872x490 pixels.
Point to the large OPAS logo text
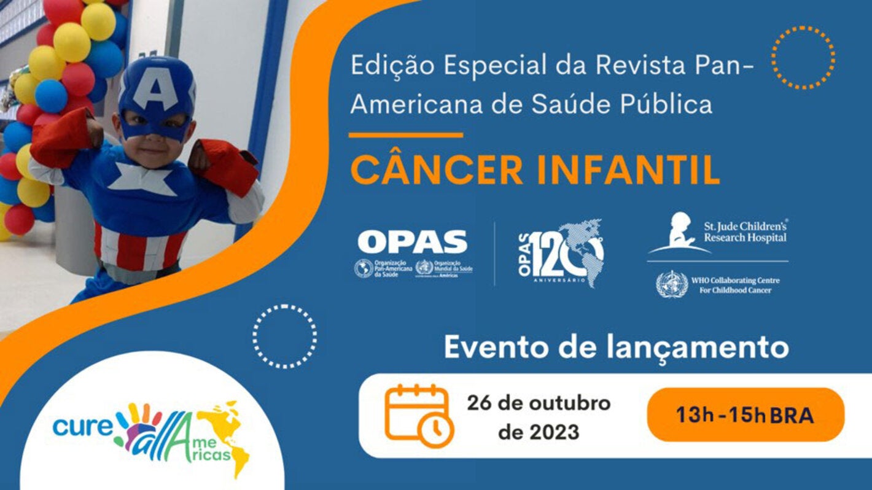(413, 242)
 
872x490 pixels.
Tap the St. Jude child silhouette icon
(680, 232)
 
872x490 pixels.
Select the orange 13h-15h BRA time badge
(745, 415)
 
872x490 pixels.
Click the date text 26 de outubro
(539, 404)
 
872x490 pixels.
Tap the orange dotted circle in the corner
(803, 58)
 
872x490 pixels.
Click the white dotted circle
(284, 336)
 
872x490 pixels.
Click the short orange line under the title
(405, 135)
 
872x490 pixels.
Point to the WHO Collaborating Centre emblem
(671, 284)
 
